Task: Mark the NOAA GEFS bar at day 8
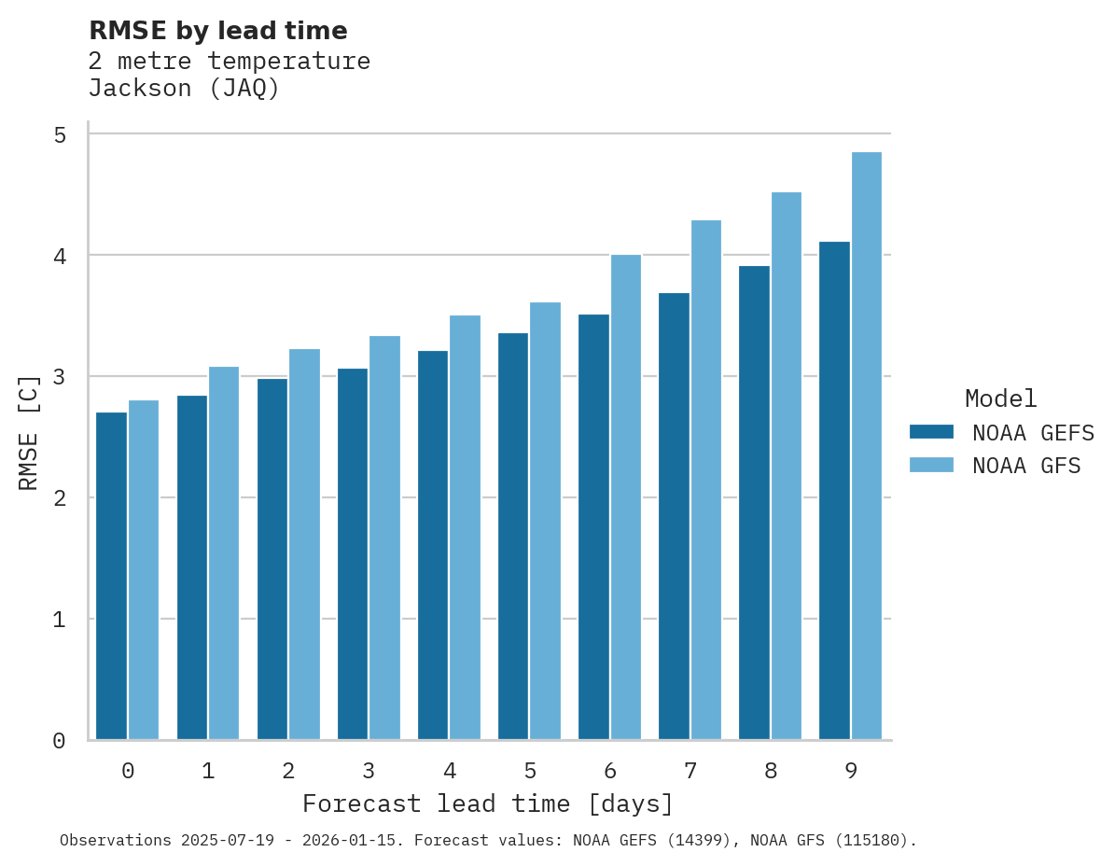pos(754,503)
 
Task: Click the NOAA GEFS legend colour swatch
pos(931,432)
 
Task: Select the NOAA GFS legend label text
pos(1026,466)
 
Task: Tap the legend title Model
pos(1001,398)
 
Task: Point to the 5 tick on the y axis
pos(60,135)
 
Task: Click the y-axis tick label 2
pos(60,498)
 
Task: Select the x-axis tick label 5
pos(530,772)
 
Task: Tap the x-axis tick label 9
pos(851,772)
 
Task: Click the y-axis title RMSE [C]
pos(30,432)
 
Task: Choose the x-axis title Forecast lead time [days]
pos(488,804)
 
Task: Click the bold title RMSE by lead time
pos(218,31)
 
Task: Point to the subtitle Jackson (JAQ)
pos(184,89)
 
